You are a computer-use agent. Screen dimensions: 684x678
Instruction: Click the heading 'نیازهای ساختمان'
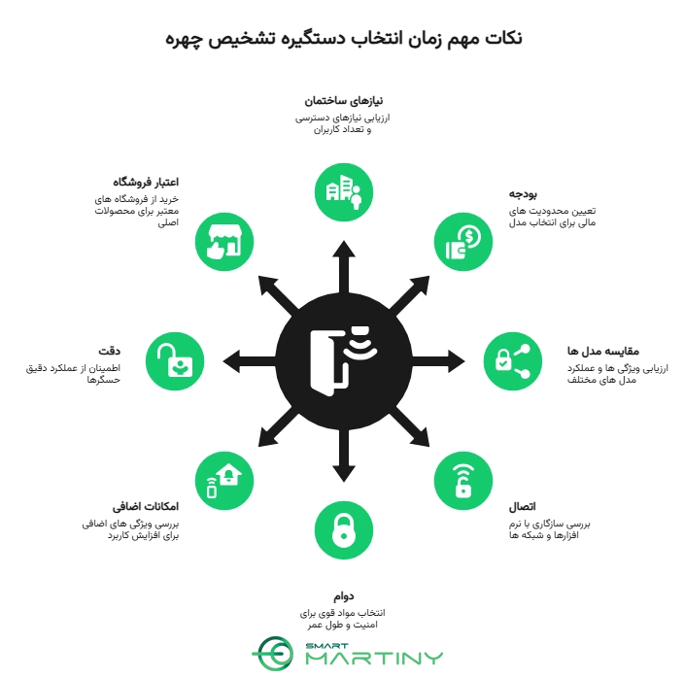pos(343,101)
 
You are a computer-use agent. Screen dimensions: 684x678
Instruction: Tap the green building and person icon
pos(344,192)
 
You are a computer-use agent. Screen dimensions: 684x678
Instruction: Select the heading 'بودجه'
pos(523,194)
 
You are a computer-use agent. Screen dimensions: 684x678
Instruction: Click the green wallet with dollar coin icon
pos(463,242)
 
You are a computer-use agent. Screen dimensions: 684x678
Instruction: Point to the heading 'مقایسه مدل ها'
pos(602,351)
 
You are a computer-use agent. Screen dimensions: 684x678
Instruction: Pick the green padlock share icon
pos(513,361)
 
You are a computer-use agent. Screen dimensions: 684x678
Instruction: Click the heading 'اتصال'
pos(522,507)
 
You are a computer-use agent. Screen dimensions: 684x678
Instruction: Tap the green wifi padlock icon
pos(463,481)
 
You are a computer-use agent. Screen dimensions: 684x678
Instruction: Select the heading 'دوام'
pos(344,596)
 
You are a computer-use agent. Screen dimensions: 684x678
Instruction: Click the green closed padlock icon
pos(344,530)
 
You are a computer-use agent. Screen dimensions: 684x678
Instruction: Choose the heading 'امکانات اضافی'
pos(146,507)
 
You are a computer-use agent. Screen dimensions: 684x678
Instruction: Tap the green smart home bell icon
pos(224,481)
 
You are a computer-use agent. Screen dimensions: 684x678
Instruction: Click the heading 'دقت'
pos(109,351)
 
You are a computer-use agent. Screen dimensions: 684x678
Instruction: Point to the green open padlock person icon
pos(175,361)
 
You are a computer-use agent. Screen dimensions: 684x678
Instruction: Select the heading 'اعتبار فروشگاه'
pos(146,183)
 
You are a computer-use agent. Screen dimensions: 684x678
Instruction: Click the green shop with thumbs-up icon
pos(224,242)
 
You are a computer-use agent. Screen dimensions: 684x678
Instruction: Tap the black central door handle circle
pos(344,361)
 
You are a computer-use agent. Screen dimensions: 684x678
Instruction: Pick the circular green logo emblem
pos(274,653)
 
